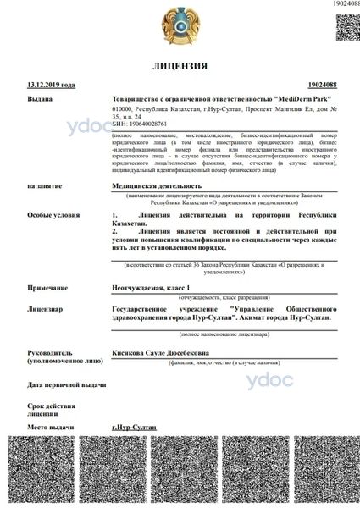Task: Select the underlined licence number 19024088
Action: (x=323, y=85)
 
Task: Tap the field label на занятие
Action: (x=45, y=185)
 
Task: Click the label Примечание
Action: (x=47, y=287)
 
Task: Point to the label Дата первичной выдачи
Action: (x=67, y=384)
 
